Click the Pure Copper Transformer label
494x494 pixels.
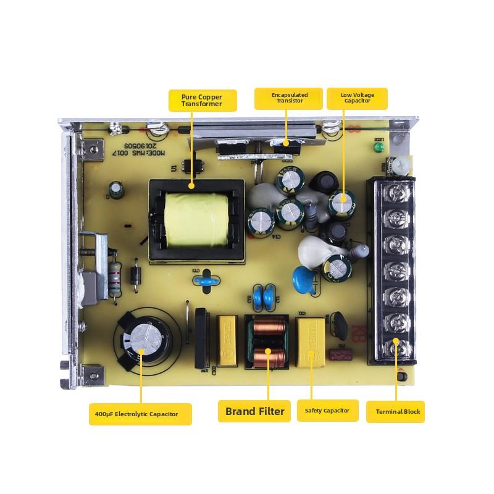pyautogui.click(x=203, y=100)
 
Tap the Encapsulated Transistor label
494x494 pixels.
pyautogui.click(x=289, y=98)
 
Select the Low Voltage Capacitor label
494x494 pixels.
pyautogui.click(x=357, y=98)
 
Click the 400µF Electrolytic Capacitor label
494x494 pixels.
pyautogui.click(x=141, y=414)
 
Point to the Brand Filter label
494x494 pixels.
pyautogui.click(x=254, y=411)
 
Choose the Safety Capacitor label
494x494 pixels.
pyautogui.click(x=327, y=411)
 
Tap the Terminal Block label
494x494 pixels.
pyautogui.click(x=395, y=411)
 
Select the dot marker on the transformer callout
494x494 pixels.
pyautogui.click(x=191, y=185)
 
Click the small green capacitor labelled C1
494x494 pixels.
pyautogui.click(x=115, y=188)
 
